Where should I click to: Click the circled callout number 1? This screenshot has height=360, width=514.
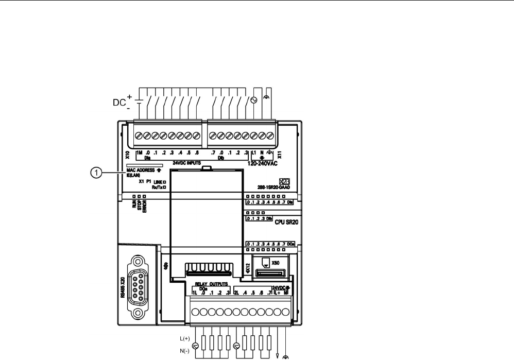point(95,174)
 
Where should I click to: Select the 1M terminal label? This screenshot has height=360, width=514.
point(139,152)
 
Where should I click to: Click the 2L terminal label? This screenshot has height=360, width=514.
point(236,293)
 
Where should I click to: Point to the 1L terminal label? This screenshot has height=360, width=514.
point(195,293)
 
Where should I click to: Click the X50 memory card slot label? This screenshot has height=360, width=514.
point(275,263)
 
